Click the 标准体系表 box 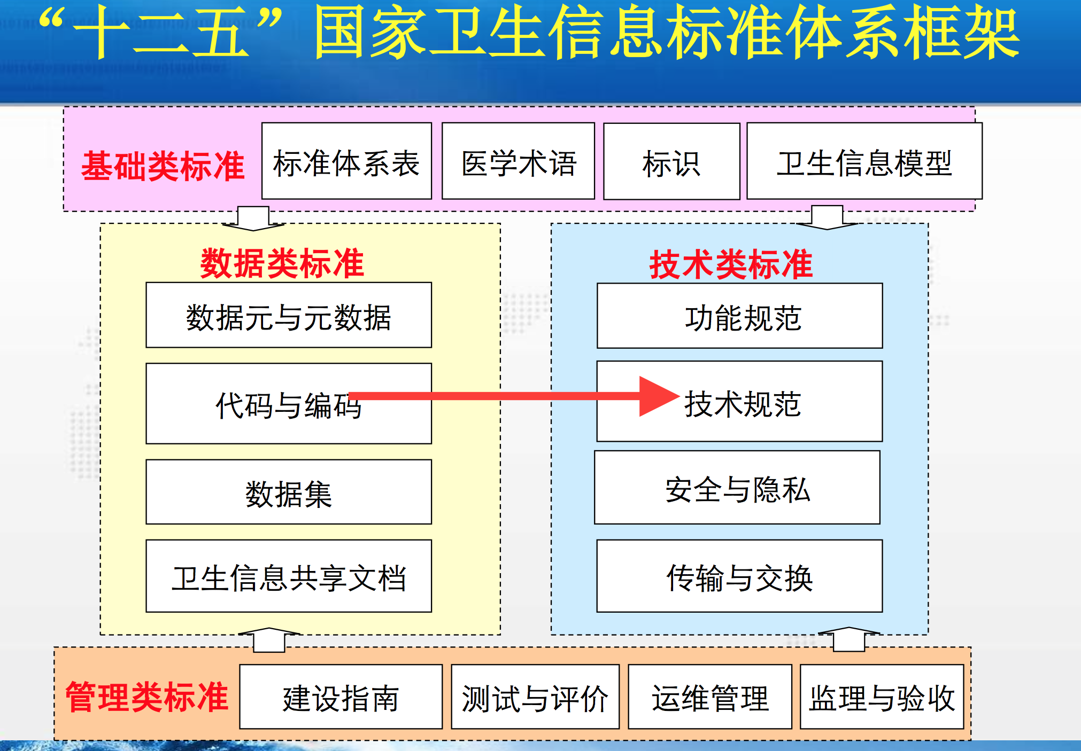pyautogui.click(x=346, y=161)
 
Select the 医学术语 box pyautogui.click(x=518, y=161)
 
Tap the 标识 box pyautogui.click(x=671, y=162)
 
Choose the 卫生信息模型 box pyautogui.click(x=864, y=161)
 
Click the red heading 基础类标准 pyautogui.click(x=163, y=166)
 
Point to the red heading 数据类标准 pyautogui.click(x=282, y=263)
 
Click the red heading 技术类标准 pyautogui.click(x=731, y=264)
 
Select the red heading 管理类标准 pyautogui.click(x=147, y=697)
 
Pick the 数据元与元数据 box pyautogui.click(x=289, y=316)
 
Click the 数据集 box pyautogui.click(x=289, y=492)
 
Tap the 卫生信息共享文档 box pyautogui.click(x=289, y=576)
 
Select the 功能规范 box pyautogui.click(x=740, y=316)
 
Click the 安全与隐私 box pyautogui.click(x=737, y=488)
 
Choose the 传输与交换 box pyautogui.click(x=739, y=576)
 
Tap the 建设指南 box pyautogui.click(x=341, y=697)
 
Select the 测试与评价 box pyautogui.click(x=535, y=697)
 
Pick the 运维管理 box pyautogui.click(x=710, y=697)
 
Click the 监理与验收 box pyautogui.click(x=882, y=697)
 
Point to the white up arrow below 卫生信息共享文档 pyautogui.click(x=269, y=639)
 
